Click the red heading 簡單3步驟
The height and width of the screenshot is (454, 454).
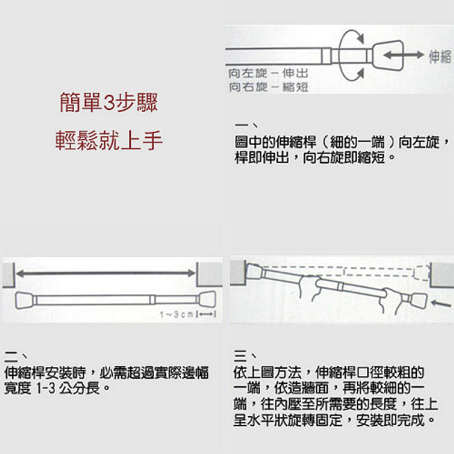(x=108, y=103)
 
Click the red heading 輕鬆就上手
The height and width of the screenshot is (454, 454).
(x=109, y=140)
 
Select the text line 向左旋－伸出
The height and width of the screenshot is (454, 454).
(x=268, y=73)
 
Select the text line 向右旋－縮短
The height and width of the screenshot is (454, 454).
(x=268, y=87)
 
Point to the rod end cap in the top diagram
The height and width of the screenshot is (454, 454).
(x=388, y=55)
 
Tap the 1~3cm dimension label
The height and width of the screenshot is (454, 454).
(x=176, y=314)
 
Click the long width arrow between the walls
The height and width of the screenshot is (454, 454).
(x=106, y=273)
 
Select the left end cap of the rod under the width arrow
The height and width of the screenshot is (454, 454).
(x=24, y=300)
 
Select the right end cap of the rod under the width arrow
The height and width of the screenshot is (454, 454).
(x=207, y=300)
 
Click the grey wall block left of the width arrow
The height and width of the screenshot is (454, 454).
(x=9, y=275)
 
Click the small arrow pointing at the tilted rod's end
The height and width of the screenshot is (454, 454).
(x=440, y=304)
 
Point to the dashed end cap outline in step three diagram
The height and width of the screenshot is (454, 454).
(x=421, y=273)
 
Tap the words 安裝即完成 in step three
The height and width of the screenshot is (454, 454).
(x=390, y=421)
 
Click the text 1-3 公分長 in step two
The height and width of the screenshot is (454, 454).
(x=68, y=389)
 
